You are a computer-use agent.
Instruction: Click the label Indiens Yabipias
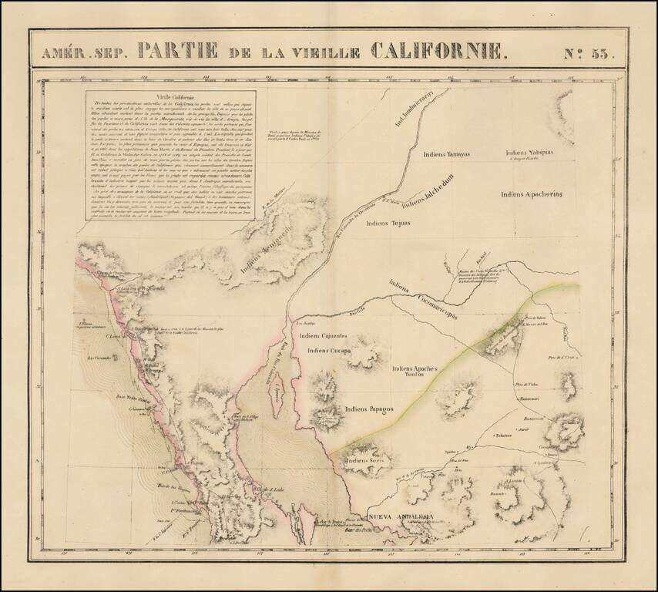click(552, 153)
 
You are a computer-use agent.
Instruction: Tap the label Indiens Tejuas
click(388, 224)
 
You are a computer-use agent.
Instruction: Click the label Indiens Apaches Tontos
click(419, 372)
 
